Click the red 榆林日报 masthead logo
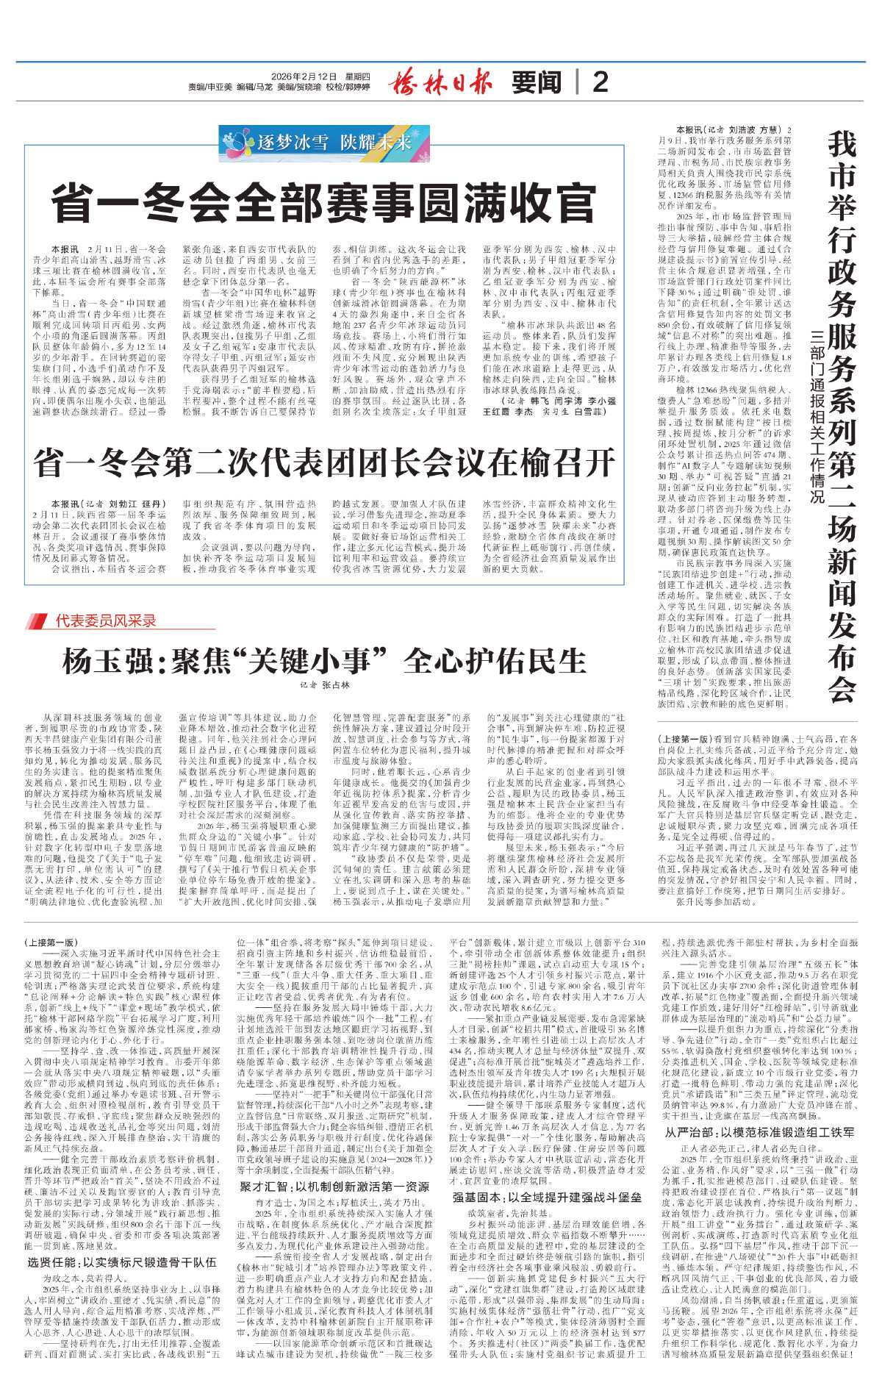point(440,80)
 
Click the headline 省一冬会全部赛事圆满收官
point(323,204)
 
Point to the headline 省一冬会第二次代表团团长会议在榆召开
point(323,463)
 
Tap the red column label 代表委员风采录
point(106,620)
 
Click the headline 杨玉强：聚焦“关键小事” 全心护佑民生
point(323,661)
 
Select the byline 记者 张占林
point(324,685)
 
